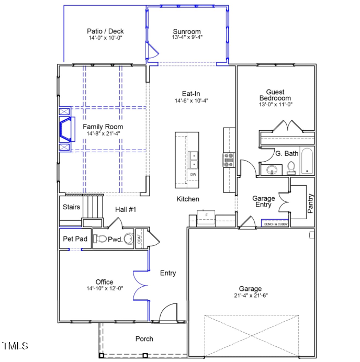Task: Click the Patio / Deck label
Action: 105,31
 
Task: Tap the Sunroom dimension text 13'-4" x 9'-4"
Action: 187,38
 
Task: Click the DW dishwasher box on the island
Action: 193,174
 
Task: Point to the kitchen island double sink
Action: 193,159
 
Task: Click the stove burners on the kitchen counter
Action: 229,160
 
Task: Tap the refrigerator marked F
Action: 206,217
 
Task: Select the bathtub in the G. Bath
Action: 307,162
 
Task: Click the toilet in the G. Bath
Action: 291,167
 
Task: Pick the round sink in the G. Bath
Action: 271,170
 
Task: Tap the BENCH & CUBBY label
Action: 275,224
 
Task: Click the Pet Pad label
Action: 75,239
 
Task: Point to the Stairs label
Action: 72,207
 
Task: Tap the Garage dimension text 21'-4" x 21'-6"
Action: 250,296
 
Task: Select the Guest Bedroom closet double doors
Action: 287,127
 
